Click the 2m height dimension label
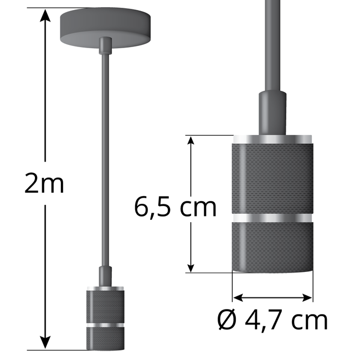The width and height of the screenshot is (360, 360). [x=44, y=184]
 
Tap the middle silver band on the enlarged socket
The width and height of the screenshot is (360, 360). [x=272, y=217]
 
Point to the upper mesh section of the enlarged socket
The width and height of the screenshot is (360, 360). [x=272, y=177]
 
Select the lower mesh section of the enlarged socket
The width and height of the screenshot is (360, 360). [x=272, y=246]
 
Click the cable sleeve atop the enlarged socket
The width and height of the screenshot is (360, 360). [x=272, y=113]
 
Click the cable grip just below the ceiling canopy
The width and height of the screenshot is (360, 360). [x=104, y=45]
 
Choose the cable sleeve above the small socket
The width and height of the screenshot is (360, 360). [x=104, y=276]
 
